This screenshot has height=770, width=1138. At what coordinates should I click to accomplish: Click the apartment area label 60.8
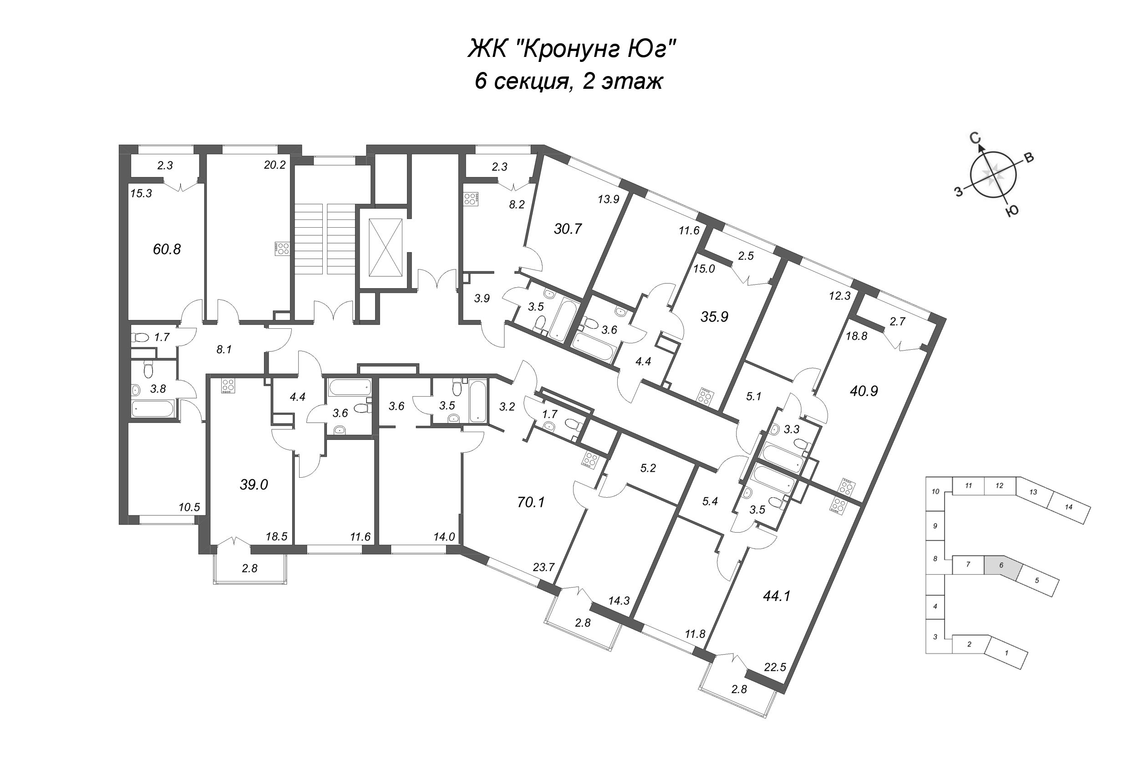coord(167,250)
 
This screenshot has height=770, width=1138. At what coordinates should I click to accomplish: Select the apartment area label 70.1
coord(531,502)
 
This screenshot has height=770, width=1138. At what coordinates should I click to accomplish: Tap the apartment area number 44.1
coord(777,596)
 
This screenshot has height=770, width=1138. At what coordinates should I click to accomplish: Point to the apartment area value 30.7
coord(568,229)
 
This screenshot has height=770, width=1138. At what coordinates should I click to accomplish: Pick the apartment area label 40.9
coord(864,391)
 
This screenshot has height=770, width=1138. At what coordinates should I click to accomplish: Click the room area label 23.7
coord(543,567)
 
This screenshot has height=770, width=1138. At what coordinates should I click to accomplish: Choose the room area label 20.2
coord(274,165)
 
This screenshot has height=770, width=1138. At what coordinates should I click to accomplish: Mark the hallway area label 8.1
coord(224,350)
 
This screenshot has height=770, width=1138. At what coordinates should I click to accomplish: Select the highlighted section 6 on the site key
coord(1001,566)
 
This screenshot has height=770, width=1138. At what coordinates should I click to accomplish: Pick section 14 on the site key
coord(1068,507)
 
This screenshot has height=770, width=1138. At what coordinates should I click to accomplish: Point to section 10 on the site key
coord(935,491)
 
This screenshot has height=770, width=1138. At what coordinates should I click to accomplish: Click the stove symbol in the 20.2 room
coord(283,248)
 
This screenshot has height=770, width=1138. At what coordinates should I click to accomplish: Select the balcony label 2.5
coord(746,256)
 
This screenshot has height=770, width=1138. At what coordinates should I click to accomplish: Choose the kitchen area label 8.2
coord(517,205)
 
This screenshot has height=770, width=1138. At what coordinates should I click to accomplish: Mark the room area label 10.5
coord(189,507)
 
